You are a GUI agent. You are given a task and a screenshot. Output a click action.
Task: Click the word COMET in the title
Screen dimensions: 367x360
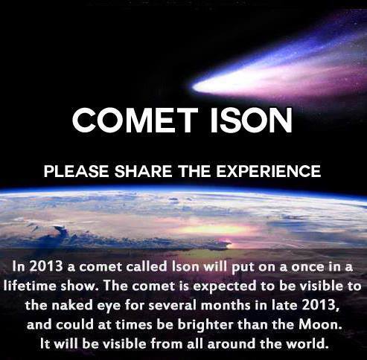(x=135, y=120)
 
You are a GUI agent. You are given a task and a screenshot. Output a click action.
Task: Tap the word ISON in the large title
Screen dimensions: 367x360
(x=251, y=120)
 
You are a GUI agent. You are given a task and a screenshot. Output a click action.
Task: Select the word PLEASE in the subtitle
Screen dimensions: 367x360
(x=77, y=171)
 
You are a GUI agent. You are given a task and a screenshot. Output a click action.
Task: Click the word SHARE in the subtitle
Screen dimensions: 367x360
(x=143, y=171)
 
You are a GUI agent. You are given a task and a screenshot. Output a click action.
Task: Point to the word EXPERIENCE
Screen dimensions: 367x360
(x=269, y=171)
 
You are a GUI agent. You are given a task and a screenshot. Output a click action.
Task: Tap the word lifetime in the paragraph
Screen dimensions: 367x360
(x=30, y=286)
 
